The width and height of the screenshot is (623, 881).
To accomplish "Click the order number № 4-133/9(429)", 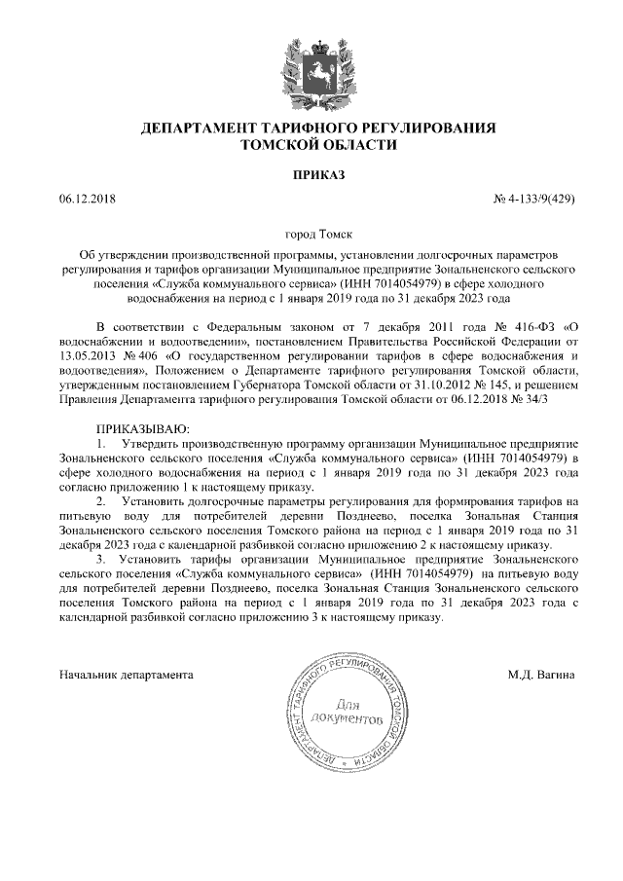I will pyautogui.click(x=534, y=200).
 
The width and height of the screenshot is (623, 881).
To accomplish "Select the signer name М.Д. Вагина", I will pyautogui.click(x=541, y=673).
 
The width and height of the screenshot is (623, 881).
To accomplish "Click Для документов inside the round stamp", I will pyautogui.click(x=348, y=711).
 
